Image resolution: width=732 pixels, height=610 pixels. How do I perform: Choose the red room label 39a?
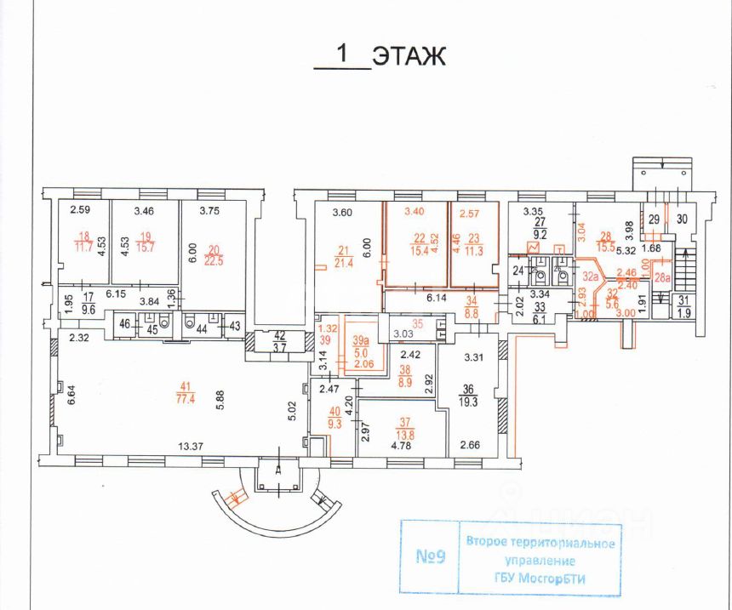pos(361,340)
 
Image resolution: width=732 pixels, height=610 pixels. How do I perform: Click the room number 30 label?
pos(683,219)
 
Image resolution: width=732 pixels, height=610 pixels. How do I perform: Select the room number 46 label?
pos(123,324)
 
